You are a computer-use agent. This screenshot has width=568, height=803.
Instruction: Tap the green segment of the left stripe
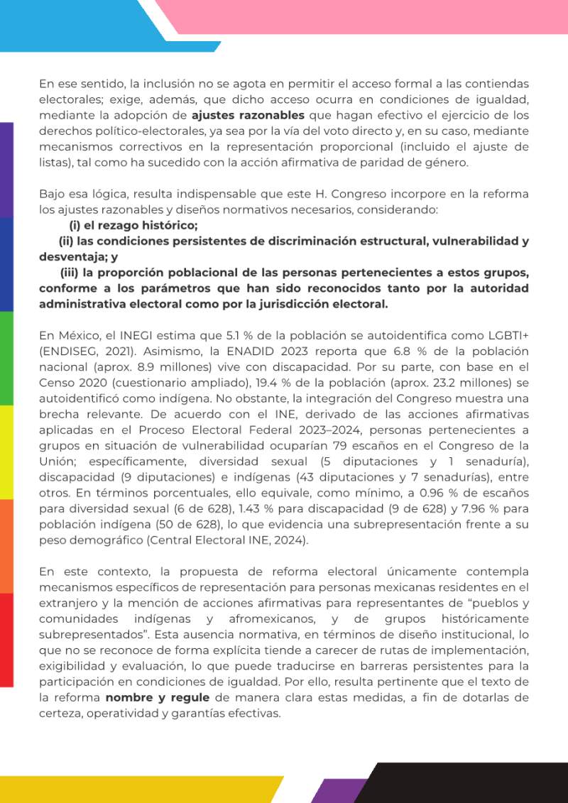pyautogui.click(x=6, y=359)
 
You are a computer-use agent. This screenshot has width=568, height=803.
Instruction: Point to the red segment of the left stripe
pyautogui.click(x=6, y=639)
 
